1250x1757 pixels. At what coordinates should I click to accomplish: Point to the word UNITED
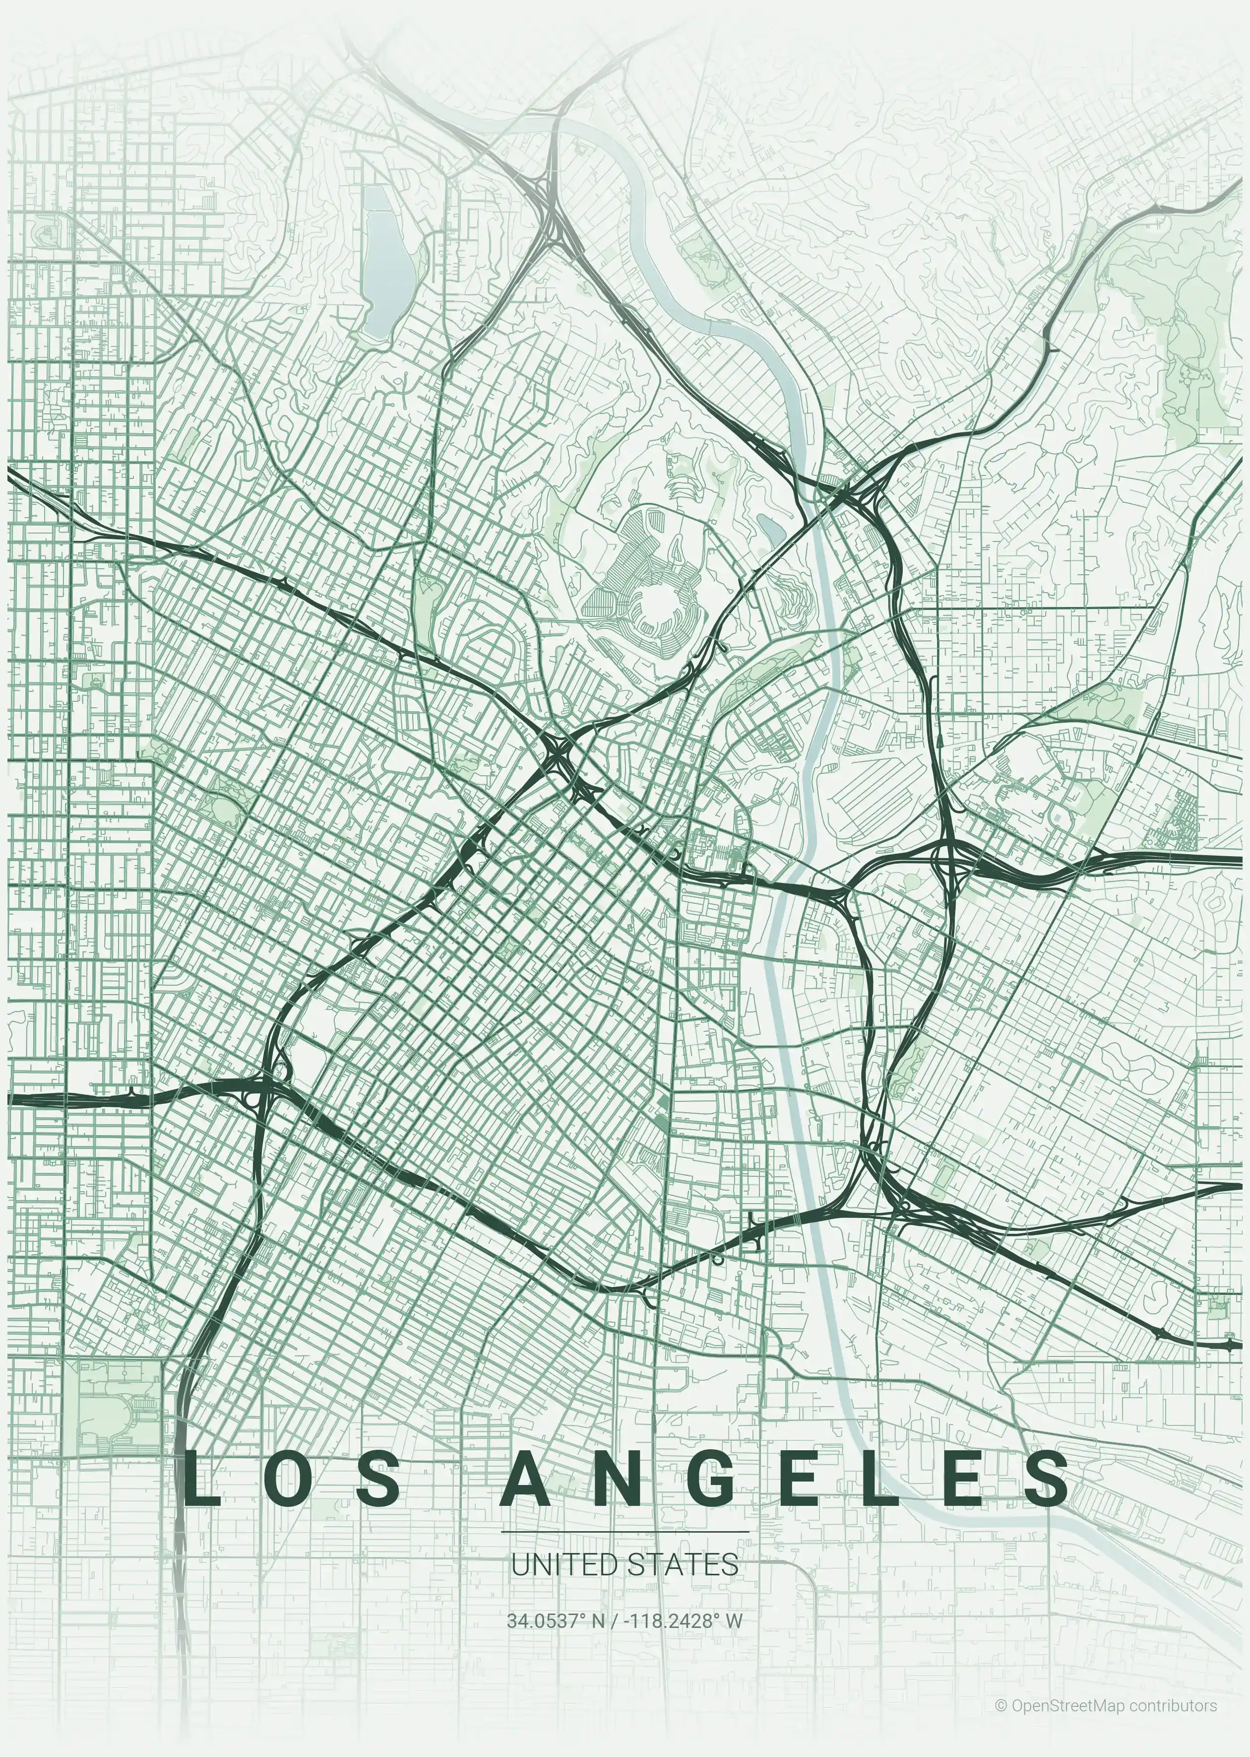click(564, 1564)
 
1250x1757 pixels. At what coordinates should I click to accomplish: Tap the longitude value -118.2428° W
click(683, 1621)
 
